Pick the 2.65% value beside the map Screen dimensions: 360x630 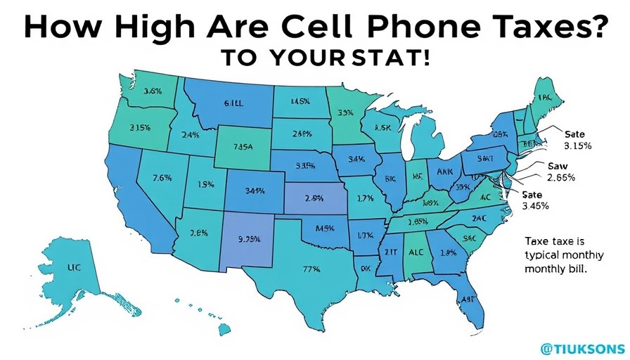coord(560,177)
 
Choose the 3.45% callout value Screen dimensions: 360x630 coord(535,205)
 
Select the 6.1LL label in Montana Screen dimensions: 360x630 coord(233,103)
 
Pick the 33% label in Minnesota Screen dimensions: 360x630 coord(345,112)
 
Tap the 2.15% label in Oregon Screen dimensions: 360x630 coord(141,127)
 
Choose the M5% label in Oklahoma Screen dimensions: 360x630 coord(324,227)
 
